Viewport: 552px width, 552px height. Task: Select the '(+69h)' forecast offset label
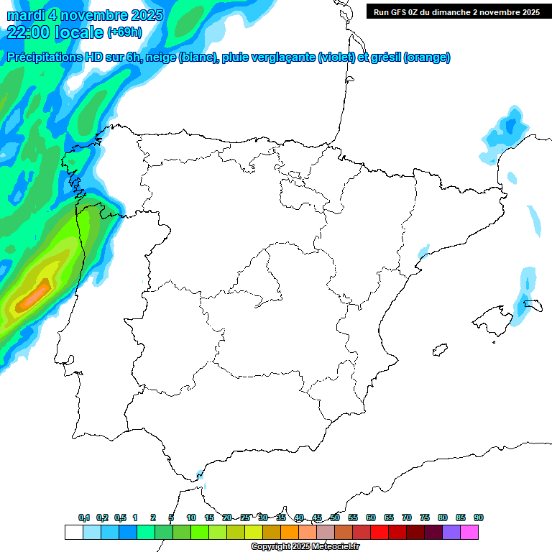tap(124, 32)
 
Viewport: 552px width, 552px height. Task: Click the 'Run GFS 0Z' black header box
tap(457, 11)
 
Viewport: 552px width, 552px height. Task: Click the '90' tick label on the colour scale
tap(479, 518)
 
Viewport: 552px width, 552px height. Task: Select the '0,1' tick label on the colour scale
tap(83, 518)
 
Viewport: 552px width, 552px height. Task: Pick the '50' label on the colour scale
tap(335, 518)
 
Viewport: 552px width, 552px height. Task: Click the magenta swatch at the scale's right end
tap(469, 532)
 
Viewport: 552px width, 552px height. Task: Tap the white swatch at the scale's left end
tap(73, 532)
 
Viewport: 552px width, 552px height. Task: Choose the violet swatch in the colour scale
tap(451, 532)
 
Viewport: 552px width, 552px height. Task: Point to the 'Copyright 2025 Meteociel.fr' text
tap(305, 547)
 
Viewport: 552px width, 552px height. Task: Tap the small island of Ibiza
tap(438, 350)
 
